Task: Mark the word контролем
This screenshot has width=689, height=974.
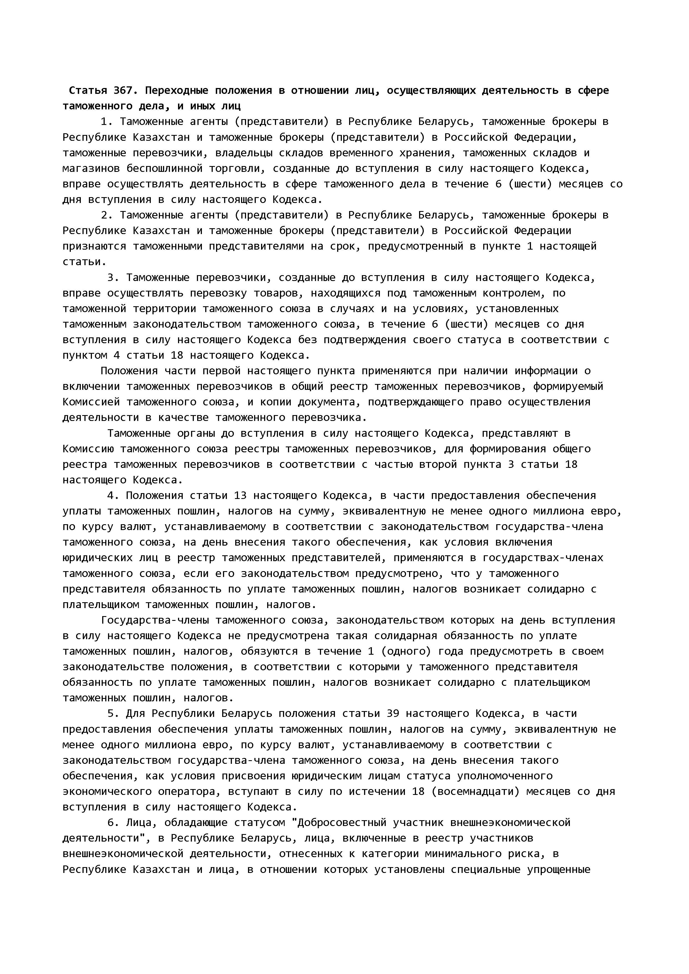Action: (x=512, y=293)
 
